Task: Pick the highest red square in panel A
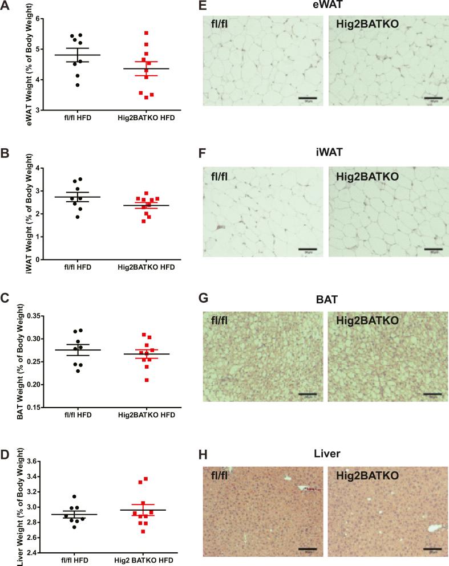tap(147, 34)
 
